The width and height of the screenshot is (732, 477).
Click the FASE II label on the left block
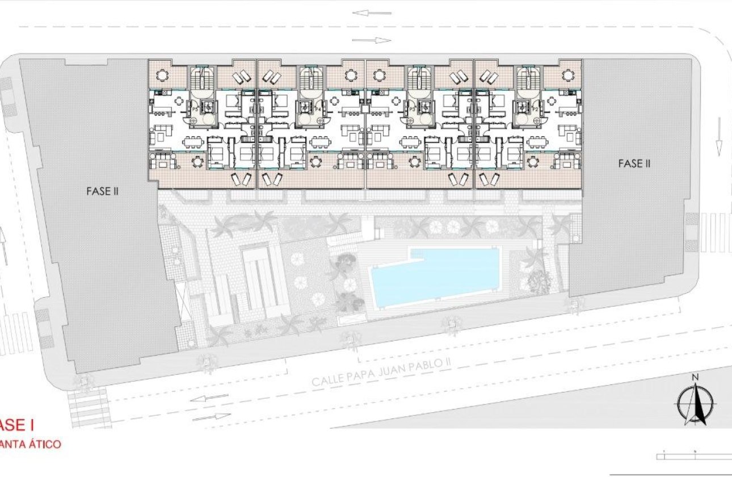[102, 191]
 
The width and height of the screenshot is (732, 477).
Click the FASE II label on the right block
[634, 164]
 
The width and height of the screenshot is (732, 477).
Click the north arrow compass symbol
[693, 404]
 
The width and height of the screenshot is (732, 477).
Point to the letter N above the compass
[694, 377]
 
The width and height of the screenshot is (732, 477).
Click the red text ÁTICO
[41, 444]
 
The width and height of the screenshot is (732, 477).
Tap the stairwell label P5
[195, 108]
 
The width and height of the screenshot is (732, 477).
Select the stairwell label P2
[535, 108]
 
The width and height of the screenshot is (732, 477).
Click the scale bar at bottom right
[693, 455]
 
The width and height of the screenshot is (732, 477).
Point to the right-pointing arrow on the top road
[372, 40]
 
